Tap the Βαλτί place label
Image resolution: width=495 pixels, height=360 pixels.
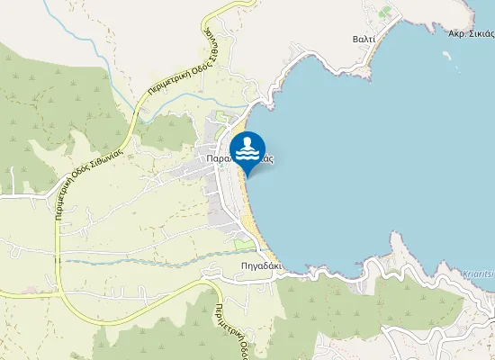(x=363, y=40)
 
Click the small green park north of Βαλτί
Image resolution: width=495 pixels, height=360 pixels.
(x=386, y=13)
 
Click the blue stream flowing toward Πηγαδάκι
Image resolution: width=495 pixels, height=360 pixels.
(x=135, y=261)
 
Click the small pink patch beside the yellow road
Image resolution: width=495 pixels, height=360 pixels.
(x=32, y=290)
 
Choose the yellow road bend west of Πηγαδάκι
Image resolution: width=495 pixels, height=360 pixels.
(x=211, y=290)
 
